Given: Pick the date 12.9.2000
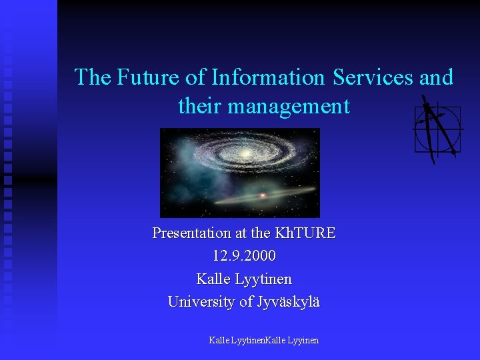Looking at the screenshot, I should (x=244, y=256).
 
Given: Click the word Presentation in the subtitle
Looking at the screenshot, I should (x=192, y=233).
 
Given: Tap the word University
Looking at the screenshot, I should (x=201, y=302).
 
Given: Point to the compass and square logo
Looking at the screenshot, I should (x=437, y=129).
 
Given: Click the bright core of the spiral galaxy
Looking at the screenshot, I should (x=246, y=155).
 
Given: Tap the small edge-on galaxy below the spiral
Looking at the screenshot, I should (x=263, y=195).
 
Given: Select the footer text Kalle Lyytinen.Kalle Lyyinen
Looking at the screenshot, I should (x=263, y=340).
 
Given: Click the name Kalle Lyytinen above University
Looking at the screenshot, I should (x=244, y=279).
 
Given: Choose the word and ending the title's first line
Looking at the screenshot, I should (x=437, y=77).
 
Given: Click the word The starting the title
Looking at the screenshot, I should (x=93, y=77).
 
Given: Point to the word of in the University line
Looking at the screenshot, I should (x=247, y=302).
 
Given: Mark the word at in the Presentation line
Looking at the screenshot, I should (x=242, y=233).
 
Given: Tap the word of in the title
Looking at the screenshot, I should (x=196, y=77).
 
